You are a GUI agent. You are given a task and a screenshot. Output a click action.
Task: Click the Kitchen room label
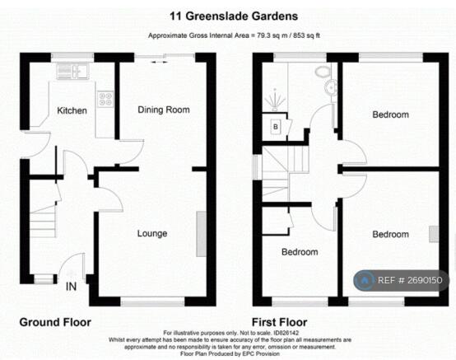pos(72,110)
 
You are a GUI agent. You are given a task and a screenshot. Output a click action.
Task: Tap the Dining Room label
pos(164,110)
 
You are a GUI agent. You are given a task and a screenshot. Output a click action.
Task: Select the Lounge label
pos(152,233)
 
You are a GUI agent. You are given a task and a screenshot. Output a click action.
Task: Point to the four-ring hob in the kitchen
pos(106,99)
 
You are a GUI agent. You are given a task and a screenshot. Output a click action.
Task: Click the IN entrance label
pos(72,288)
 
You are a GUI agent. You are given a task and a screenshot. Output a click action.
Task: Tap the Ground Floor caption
pos(55,322)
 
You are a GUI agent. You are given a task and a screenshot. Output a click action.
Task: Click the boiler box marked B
pos(276,126)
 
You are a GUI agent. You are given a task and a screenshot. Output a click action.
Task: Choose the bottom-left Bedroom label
pos(300,251)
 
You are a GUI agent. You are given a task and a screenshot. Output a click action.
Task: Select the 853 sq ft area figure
pos(307,35)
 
